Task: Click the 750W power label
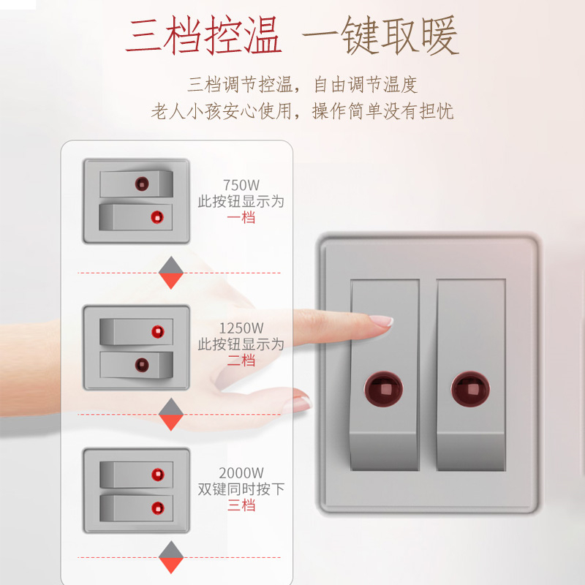pyautogui.click(x=241, y=185)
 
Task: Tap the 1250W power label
pyautogui.click(x=241, y=328)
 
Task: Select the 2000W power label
pyautogui.click(x=241, y=473)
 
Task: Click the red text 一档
pyautogui.click(x=241, y=217)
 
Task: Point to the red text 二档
pyautogui.click(x=241, y=361)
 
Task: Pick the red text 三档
pyautogui.click(x=241, y=505)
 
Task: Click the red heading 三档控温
pyautogui.click(x=204, y=34)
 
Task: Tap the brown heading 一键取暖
pyautogui.click(x=380, y=34)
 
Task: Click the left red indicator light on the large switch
pyautogui.click(x=383, y=388)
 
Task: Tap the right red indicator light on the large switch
pyautogui.click(x=470, y=388)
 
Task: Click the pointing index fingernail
pyautogui.click(x=381, y=321)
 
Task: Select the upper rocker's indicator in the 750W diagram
pyautogui.click(x=142, y=184)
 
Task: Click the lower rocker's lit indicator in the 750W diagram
pyautogui.click(x=157, y=216)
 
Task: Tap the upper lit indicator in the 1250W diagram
pyautogui.click(x=158, y=332)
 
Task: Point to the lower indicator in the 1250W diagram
pyautogui.click(x=142, y=365)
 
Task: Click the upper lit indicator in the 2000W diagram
pyautogui.click(x=158, y=475)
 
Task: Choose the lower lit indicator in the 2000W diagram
pyautogui.click(x=158, y=507)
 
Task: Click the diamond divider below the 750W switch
pyautogui.click(x=171, y=273)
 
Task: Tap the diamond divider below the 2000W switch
pyautogui.click(x=171, y=557)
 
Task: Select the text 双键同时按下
pyautogui.click(x=241, y=489)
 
